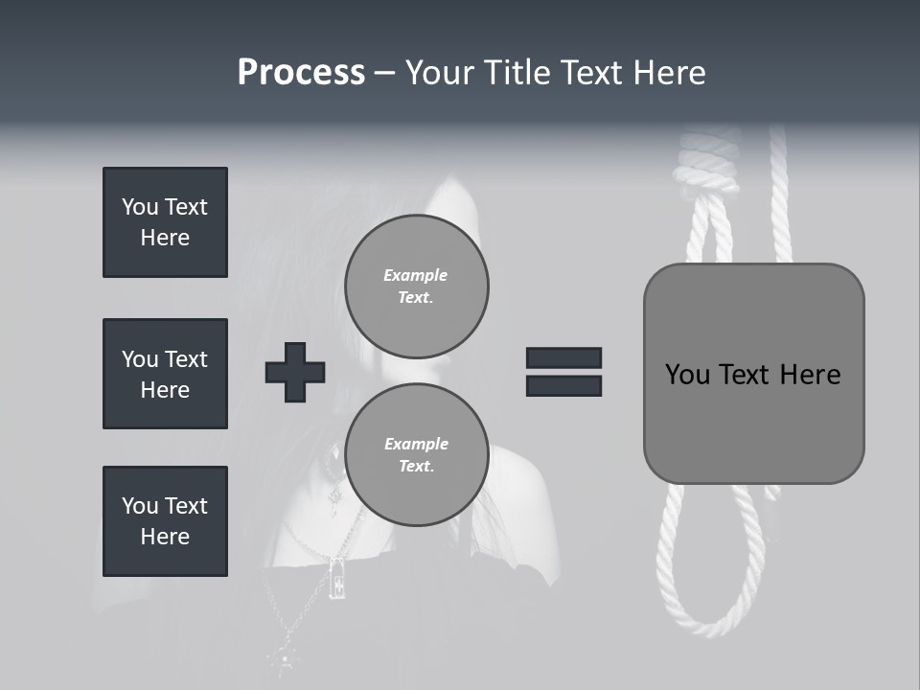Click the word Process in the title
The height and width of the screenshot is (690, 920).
[x=301, y=73]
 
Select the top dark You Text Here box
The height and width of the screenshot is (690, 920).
[x=165, y=222]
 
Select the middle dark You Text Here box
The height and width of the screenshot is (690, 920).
[x=165, y=374]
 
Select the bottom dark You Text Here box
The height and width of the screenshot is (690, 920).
[x=165, y=521]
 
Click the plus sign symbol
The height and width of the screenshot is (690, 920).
[x=295, y=372]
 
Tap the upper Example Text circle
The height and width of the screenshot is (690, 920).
[x=416, y=286]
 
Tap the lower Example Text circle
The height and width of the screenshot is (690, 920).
[x=416, y=454]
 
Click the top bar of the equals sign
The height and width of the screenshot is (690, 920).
[x=563, y=357]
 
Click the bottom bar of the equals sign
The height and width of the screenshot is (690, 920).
[x=563, y=385]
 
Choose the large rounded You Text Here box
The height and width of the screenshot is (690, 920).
[x=753, y=374]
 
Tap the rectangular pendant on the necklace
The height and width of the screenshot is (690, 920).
[x=337, y=578]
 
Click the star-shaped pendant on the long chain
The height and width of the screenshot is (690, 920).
[x=285, y=656]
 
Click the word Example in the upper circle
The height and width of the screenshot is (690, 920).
[x=416, y=275]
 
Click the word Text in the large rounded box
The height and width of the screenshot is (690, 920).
[x=744, y=375]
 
